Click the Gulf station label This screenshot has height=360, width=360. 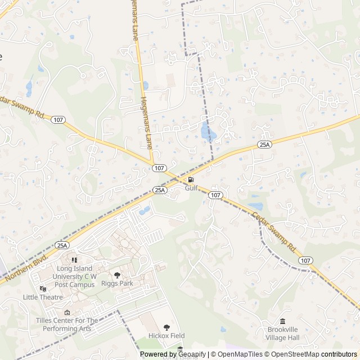[x=192, y=188]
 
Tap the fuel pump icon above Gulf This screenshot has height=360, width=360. [x=191, y=180]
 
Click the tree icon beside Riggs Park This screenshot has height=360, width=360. [x=117, y=275]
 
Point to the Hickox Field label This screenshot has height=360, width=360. [x=166, y=336]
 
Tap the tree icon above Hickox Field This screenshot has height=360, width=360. [x=166, y=327]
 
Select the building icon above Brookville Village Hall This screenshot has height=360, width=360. [x=282, y=321]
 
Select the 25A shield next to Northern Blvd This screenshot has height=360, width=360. [x=62, y=245]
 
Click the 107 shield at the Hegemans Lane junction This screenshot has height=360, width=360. [x=159, y=168]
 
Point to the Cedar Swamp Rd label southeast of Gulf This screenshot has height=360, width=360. [x=274, y=231]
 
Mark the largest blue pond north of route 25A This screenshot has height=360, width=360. [x=208, y=133]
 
